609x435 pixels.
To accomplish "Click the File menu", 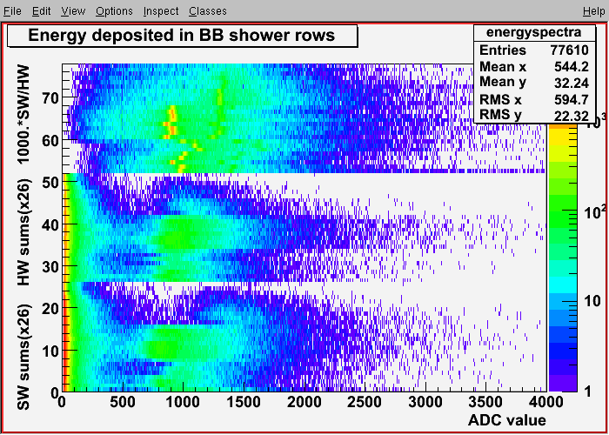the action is tap(12, 11).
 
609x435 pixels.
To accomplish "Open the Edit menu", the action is tap(42, 11).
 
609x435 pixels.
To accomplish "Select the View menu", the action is tap(73, 11).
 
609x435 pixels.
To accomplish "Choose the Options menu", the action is tap(114, 11).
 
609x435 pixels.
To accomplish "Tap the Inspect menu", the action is tap(161, 11).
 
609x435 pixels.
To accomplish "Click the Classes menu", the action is tap(208, 11).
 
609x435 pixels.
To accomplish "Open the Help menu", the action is tap(594, 11).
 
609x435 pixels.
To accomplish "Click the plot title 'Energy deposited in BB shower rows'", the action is tap(181, 36).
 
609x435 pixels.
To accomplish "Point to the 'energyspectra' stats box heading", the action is tap(533, 32).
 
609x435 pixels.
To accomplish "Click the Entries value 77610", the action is tap(569, 50).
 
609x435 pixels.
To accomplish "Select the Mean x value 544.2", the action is tap(572, 66).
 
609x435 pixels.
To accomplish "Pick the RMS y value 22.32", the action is tap(572, 116).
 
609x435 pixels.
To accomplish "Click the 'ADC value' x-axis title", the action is tap(507, 419).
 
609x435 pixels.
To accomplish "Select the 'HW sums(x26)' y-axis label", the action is tap(24, 232).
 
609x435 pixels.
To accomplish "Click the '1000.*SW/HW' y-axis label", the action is tap(24, 115).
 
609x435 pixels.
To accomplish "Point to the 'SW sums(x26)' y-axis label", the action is tap(24, 356).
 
